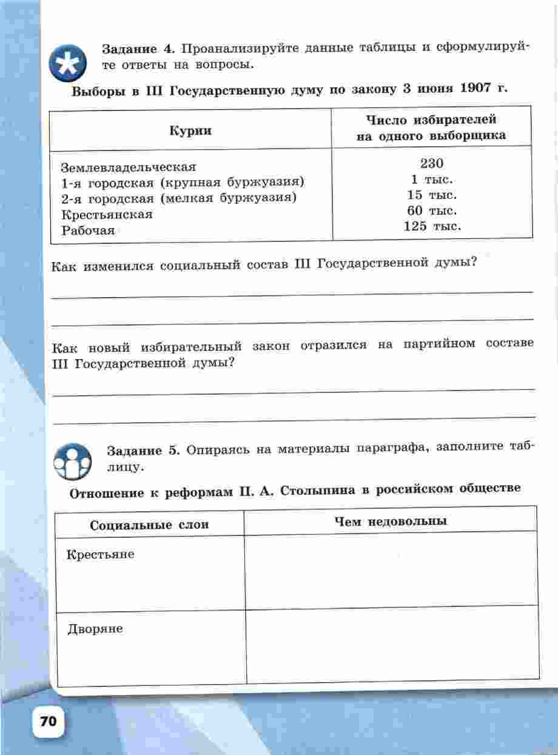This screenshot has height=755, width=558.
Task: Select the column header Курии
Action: point(190,130)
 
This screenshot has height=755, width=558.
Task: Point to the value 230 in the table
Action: point(432,163)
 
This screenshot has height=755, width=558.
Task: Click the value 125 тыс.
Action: point(432,227)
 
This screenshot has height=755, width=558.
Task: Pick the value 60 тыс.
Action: point(432,211)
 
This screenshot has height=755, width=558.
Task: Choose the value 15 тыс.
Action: point(432,195)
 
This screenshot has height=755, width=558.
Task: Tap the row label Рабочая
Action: point(88,230)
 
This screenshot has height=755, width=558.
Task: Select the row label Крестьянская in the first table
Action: point(107,214)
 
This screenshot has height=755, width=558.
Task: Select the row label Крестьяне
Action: point(101,554)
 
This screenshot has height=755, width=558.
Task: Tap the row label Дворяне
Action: point(95,629)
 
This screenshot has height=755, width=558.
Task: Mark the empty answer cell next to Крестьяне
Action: point(391,571)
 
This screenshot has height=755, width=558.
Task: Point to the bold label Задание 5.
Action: point(144,450)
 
